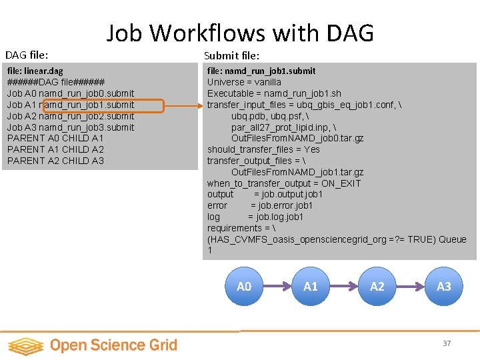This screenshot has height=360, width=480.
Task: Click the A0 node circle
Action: point(244,286)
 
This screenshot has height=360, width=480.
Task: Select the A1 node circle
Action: point(311,286)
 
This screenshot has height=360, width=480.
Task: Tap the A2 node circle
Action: point(377,286)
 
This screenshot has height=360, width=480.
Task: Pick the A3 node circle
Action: point(443,286)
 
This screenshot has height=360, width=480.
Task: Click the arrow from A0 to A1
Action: point(277,286)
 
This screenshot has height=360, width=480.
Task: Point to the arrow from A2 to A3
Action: point(411,286)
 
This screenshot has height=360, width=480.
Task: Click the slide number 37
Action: point(447,343)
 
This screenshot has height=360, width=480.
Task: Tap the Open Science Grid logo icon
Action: point(25,345)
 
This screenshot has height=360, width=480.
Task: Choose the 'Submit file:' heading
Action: point(231,55)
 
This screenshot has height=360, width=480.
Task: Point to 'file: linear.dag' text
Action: point(35,71)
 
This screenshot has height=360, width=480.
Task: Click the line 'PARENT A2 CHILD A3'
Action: point(55,161)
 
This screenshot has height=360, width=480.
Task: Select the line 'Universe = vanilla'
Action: point(244,82)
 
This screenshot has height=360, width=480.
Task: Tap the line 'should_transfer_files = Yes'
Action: point(263,149)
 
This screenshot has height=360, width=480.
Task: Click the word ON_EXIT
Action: point(341,183)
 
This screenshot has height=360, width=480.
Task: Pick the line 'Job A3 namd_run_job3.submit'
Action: point(70,127)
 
